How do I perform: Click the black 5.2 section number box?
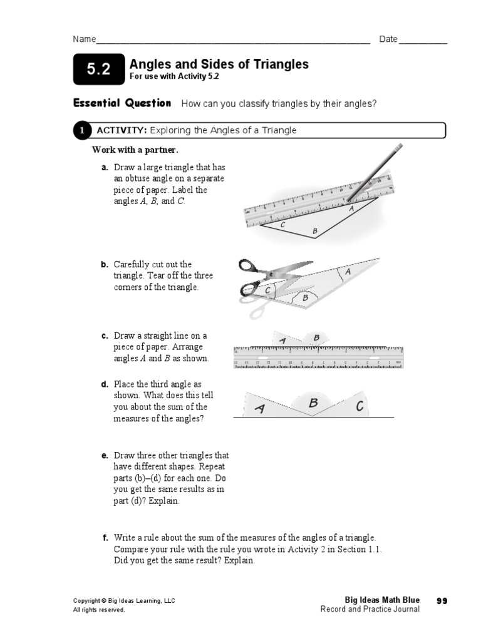[x=98, y=70]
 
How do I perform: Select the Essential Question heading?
[x=122, y=103]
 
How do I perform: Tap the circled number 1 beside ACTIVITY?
[x=81, y=130]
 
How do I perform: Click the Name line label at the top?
[x=85, y=39]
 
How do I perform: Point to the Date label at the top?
[x=388, y=39]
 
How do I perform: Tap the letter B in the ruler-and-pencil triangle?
[x=315, y=232]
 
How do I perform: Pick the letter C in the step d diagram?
[x=359, y=407]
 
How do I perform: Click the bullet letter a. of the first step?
[x=105, y=168]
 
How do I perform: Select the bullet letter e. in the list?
[x=105, y=456]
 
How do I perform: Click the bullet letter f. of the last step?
[x=105, y=538]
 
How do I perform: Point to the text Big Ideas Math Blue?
[x=382, y=600]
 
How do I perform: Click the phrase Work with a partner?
[x=135, y=150]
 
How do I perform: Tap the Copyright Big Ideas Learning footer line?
[x=124, y=600]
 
